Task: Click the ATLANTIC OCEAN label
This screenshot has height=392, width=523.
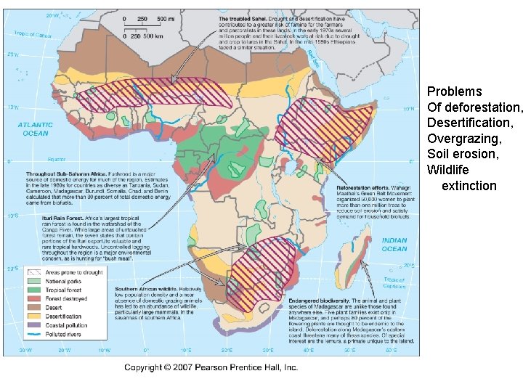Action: (x=36, y=128)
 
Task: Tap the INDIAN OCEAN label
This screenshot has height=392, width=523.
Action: (x=394, y=245)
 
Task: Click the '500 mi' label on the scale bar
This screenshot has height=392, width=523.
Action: (x=164, y=19)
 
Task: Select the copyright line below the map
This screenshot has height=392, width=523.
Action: (x=211, y=368)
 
